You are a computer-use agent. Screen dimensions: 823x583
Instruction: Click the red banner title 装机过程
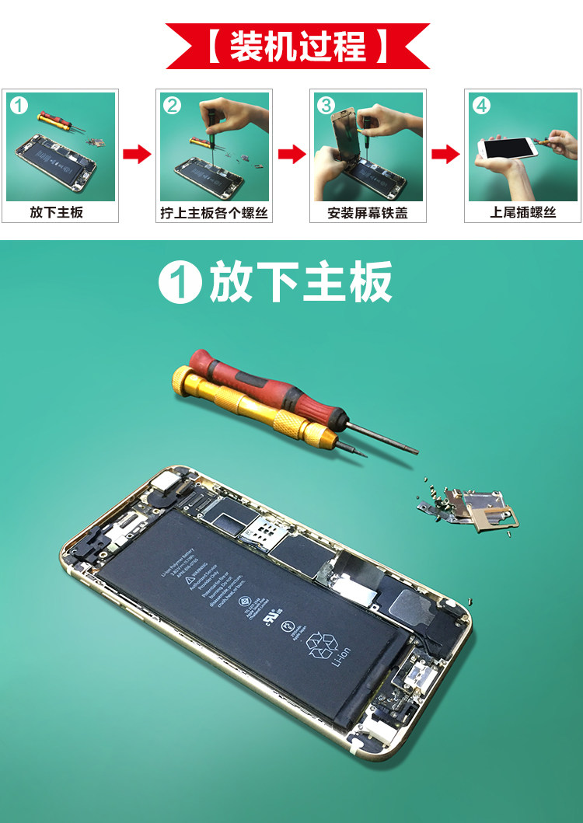click(x=298, y=46)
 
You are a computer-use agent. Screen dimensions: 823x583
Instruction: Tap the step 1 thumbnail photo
click(x=61, y=147)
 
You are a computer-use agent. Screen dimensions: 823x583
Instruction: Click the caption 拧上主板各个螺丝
click(x=214, y=212)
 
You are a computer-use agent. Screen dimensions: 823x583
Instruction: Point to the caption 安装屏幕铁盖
click(x=368, y=212)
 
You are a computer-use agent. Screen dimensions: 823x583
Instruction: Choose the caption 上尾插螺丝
click(x=522, y=212)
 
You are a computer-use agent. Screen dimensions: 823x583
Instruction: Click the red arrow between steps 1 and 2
click(x=137, y=154)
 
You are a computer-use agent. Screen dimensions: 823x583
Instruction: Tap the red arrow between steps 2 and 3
click(x=291, y=154)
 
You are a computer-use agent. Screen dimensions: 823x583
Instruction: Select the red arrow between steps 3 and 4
click(x=445, y=154)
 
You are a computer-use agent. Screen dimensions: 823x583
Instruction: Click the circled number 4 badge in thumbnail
click(x=482, y=105)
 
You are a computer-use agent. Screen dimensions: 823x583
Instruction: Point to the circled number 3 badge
click(x=327, y=105)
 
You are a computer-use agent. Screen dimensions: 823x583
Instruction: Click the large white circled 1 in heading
click(x=180, y=282)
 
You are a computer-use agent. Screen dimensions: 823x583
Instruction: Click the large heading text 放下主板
click(x=300, y=282)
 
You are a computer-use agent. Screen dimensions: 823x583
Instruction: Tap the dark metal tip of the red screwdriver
click(x=381, y=438)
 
